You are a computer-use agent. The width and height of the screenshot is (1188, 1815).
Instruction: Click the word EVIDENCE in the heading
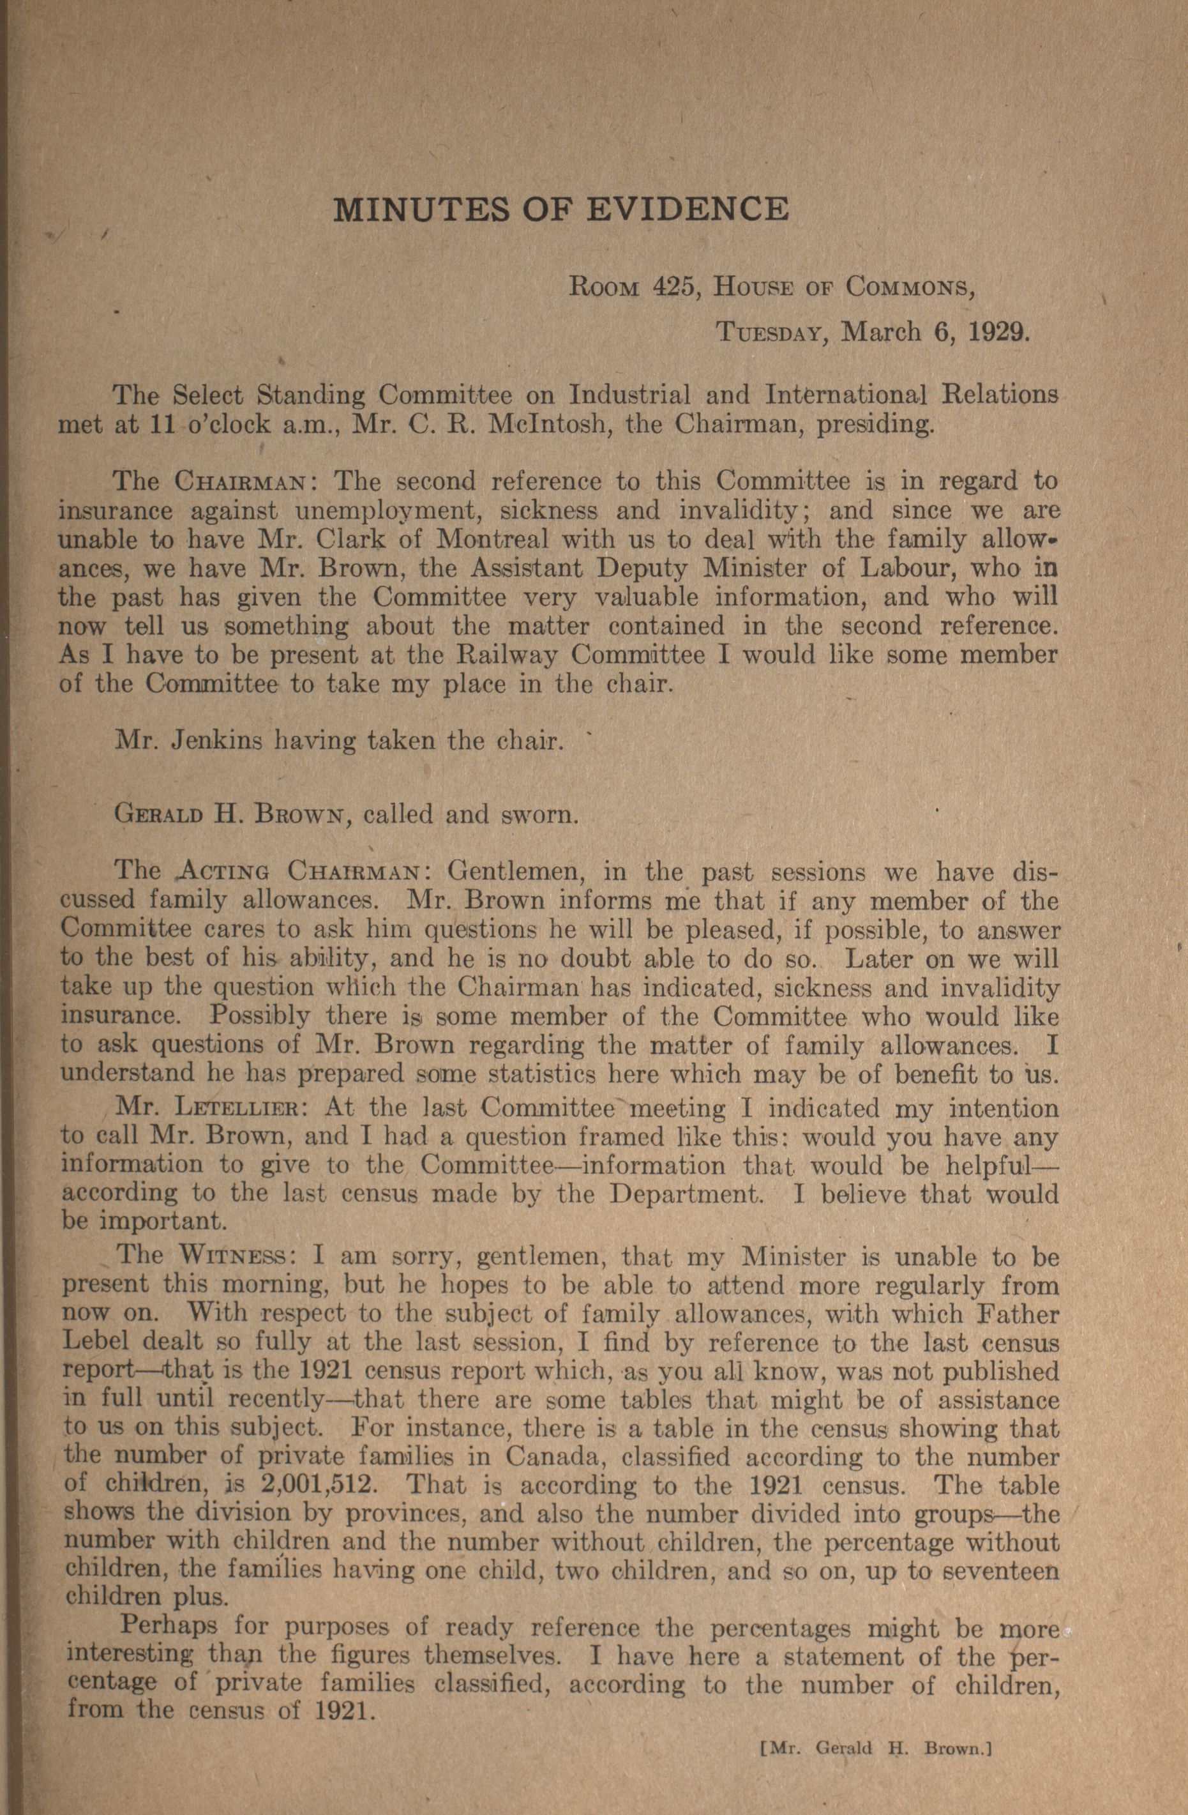pos(686,208)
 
